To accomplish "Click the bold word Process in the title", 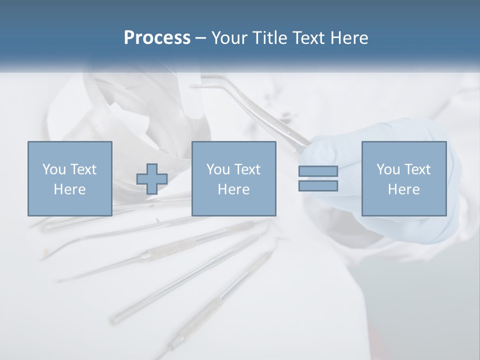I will coord(157,38).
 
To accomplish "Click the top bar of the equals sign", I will coord(318,171).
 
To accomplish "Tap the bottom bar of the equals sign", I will coord(318,185).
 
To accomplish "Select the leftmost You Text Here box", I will coord(69,178).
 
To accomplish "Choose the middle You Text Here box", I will coord(233,178).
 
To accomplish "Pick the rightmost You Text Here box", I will coord(403,178).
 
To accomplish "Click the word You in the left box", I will coord(53,169).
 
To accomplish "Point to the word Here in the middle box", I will coord(233,189).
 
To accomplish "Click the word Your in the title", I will coord(229,38).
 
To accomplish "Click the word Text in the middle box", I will coord(247,169).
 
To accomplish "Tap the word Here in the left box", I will coord(69,189).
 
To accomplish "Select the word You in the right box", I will coord(387,169).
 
